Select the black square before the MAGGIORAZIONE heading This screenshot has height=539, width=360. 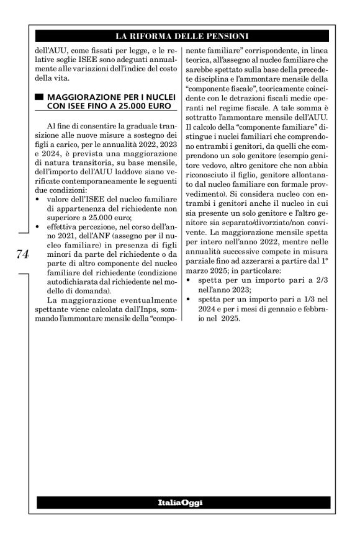[40, 97]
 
